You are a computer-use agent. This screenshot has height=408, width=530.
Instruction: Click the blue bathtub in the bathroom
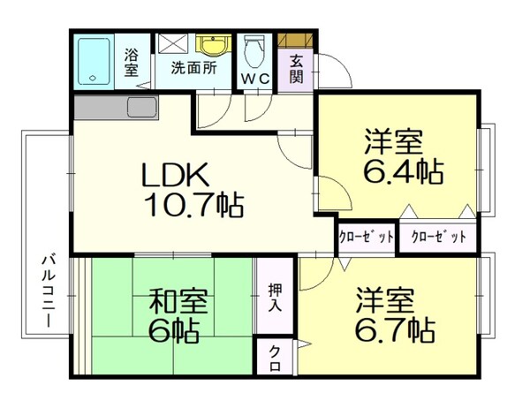94,61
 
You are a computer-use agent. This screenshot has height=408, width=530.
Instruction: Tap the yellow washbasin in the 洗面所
213,45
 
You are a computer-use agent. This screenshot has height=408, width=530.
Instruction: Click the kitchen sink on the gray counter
142,107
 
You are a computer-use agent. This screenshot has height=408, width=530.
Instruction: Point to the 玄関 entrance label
296,70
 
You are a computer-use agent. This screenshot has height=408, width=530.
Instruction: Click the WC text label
255,79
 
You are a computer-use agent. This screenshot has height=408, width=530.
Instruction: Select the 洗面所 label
193,68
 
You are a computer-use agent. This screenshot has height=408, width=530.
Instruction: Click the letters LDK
175,175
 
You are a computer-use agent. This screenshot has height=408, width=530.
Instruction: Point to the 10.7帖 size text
193,205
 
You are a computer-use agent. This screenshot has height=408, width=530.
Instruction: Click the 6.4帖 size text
404,171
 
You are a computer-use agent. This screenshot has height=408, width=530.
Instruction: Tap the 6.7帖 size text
395,329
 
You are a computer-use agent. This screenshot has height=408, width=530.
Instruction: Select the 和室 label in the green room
178,300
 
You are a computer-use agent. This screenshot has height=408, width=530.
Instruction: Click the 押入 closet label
275,298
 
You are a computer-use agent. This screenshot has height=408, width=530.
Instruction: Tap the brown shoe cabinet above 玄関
295,40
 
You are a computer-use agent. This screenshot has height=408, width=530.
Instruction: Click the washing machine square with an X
173,43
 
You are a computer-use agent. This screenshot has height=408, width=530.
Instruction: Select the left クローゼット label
367,237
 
